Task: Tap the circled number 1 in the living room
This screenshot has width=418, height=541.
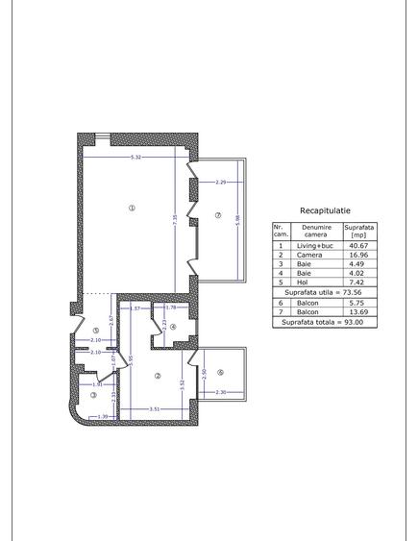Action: pos(132,209)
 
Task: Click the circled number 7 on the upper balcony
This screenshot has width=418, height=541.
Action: pos(219,213)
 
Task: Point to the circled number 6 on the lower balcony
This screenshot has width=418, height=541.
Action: pos(221,373)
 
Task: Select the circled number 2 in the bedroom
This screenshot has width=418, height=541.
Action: pos(157,375)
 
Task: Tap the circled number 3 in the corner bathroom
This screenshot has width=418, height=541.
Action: pos(93,394)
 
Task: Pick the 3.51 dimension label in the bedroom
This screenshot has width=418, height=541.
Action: pos(154,410)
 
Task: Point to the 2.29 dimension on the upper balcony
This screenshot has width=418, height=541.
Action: pos(220,182)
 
